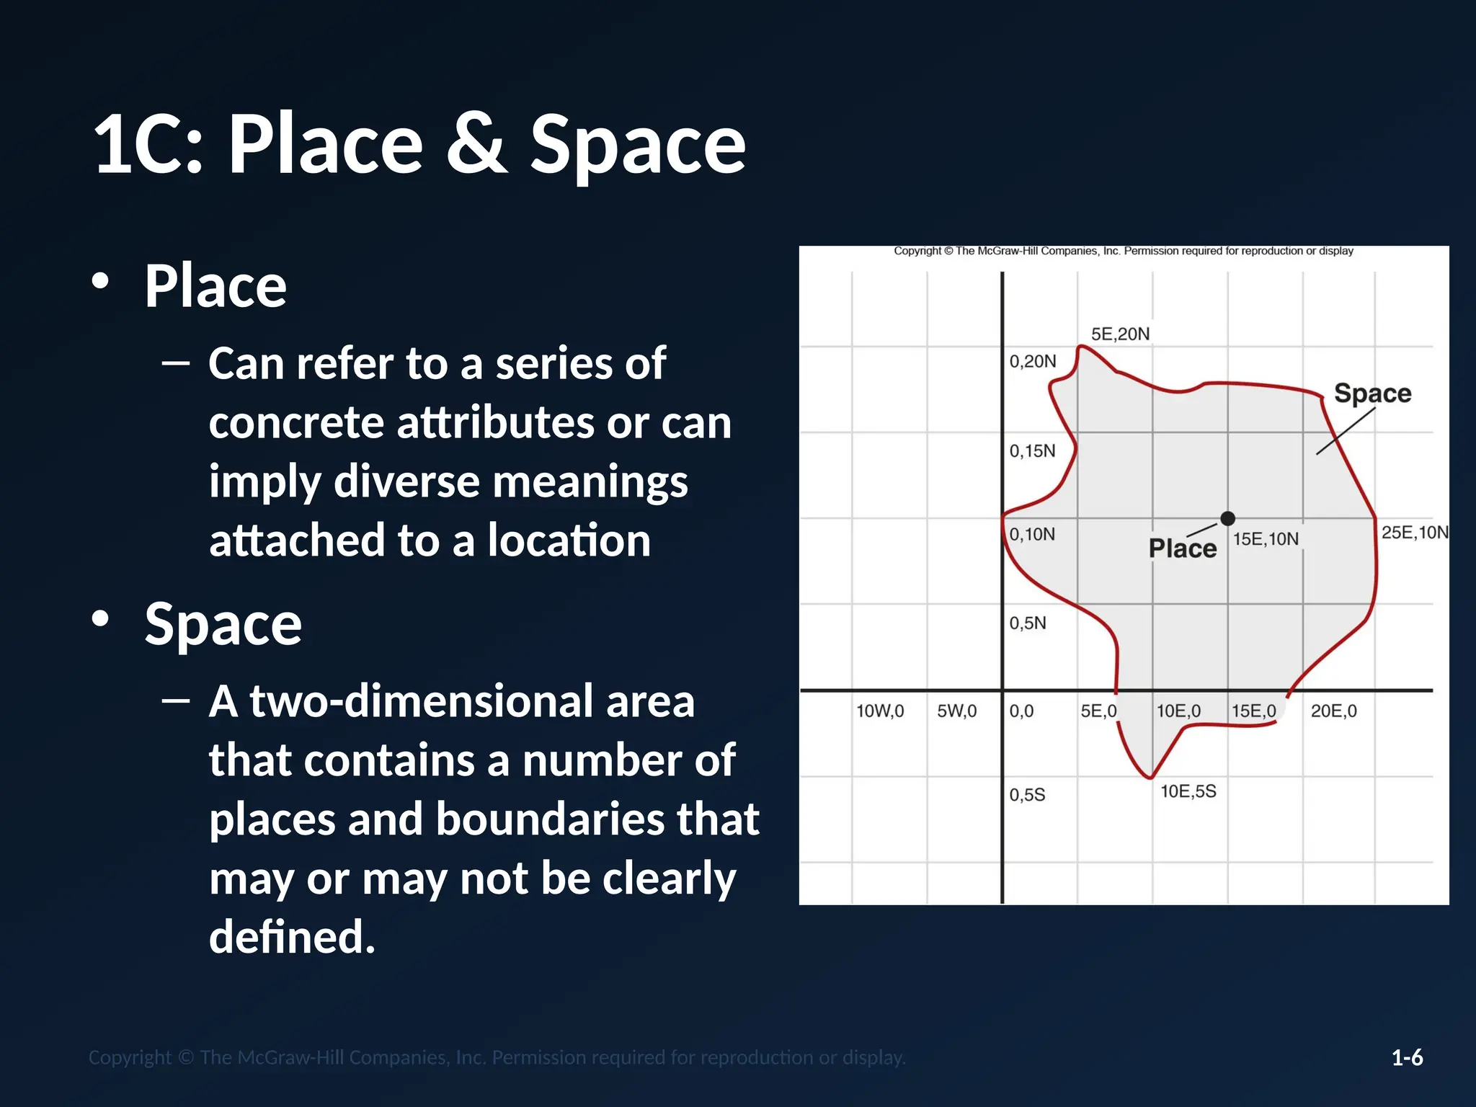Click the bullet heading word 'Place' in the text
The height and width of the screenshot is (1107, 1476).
pos(215,286)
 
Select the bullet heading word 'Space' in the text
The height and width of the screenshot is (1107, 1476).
pos(223,624)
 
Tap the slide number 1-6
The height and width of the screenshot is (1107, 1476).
pos(1407,1057)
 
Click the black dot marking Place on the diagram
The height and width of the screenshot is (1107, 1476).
pos(1228,518)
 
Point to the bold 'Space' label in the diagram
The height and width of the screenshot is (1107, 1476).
pos(1372,394)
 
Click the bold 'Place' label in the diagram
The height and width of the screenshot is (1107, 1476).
pos(1182,548)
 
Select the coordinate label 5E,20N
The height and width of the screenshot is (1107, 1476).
pos(1120,334)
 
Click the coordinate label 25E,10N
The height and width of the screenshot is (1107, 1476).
pos(1414,533)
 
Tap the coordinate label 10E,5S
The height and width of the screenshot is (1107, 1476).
pos(1188,791)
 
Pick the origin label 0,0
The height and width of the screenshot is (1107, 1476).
pos(1021,711)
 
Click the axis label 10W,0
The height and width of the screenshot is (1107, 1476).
pos(879,711)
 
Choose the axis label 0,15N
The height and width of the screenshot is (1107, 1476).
pos(1032,451)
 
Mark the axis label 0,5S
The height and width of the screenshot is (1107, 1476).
pos(1027,795)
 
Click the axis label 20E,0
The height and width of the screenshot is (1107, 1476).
pos(1333,711)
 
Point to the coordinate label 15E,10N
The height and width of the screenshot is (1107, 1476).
pos(1266,539)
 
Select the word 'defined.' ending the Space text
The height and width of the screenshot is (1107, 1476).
pos(292,937)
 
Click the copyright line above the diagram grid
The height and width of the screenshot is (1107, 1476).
pos(1123,251)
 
